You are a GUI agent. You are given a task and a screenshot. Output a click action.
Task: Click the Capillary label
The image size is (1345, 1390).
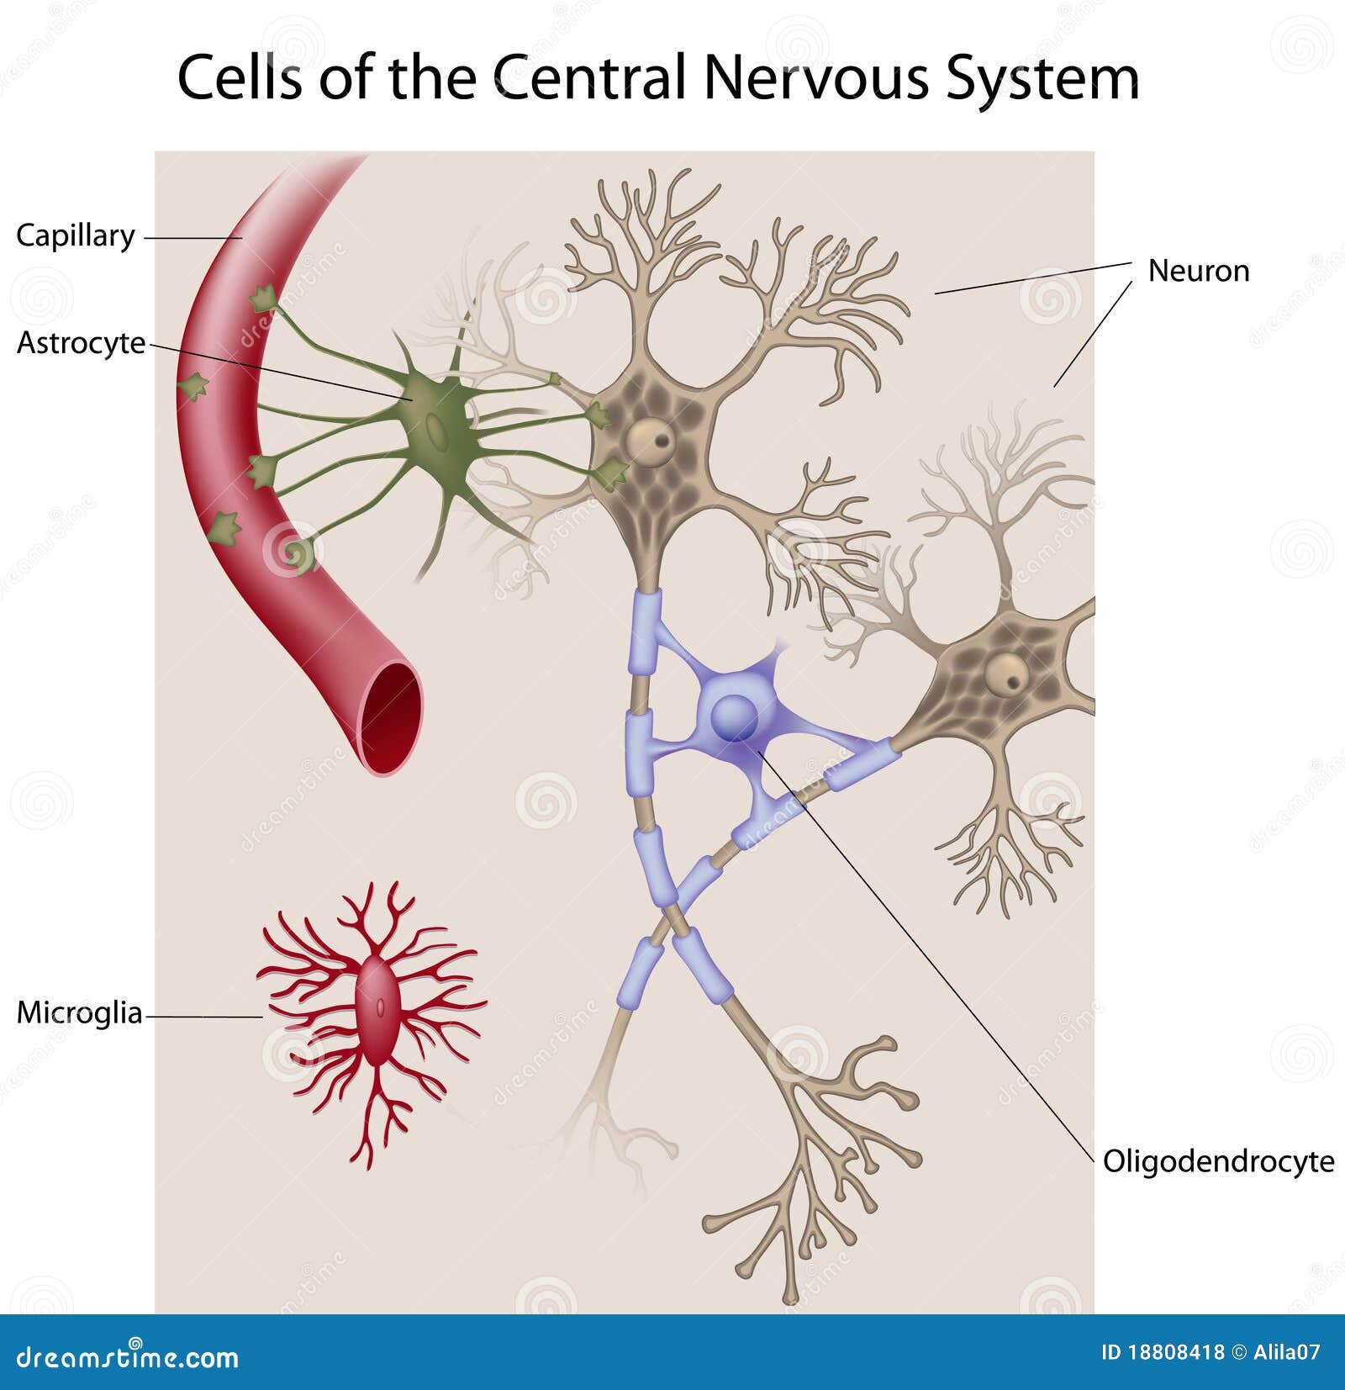(76, 235)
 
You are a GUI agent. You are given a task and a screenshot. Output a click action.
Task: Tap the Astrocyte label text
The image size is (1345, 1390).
(82, 343)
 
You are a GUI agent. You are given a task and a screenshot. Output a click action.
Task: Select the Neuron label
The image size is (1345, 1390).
(1199, 271)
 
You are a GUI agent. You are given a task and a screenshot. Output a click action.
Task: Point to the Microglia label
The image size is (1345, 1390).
(80, 1012)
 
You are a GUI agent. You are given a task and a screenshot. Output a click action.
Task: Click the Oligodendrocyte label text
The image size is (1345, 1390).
(1219, 1161)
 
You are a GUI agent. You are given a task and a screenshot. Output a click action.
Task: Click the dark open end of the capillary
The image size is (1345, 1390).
(392, 716)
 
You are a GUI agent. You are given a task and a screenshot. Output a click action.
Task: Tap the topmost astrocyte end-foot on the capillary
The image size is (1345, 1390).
(263, 298)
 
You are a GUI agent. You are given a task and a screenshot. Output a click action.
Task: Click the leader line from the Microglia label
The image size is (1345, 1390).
(204, 1017)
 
